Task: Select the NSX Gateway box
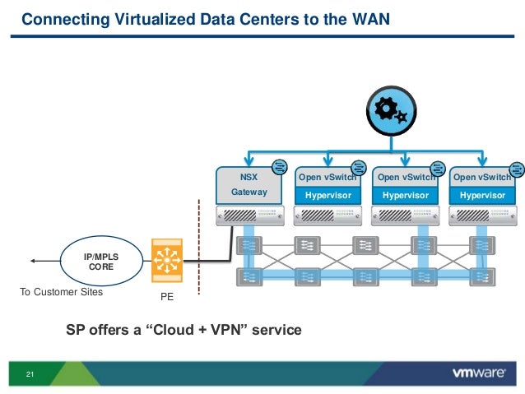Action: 249,184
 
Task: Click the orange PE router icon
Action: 167,262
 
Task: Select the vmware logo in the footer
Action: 479,373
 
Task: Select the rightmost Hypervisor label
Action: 482,195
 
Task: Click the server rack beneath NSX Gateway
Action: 249,216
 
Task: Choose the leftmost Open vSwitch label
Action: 326,177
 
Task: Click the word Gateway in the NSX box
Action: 249,192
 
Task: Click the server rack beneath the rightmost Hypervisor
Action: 482,216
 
